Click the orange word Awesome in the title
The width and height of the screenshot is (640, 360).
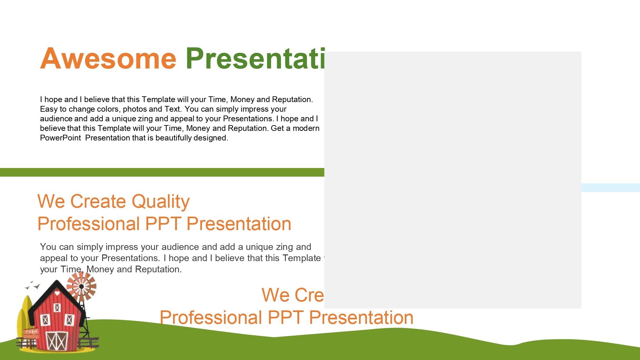pyautogui.click(x=108, y=59)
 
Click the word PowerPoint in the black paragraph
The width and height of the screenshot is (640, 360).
pyautogui.click(x=60, y=138)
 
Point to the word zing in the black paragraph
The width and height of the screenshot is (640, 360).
pyautogui.click(x=145, y=119)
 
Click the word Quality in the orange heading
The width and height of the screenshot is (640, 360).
pyautogui.click(x=160, y=202)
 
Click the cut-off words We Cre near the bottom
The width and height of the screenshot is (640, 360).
pyautogui.click(x=292, y=295)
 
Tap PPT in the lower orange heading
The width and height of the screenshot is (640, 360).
pyautogui.click(x=285, y=317)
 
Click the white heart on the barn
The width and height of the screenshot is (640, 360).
pyautogui.click(x=57, y=293)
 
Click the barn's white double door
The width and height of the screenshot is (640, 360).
pyautogui.click(x=57, y=341)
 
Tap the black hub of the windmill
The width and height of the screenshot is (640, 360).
pyautogui.click(x=82, y=286)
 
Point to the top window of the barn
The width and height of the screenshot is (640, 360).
pyautogui.click(x=57, y=308)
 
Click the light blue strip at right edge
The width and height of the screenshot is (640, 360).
pyautogui.click(x=610, y=188)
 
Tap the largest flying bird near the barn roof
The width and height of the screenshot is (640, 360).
pyautogui.click(x=37, y=286)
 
